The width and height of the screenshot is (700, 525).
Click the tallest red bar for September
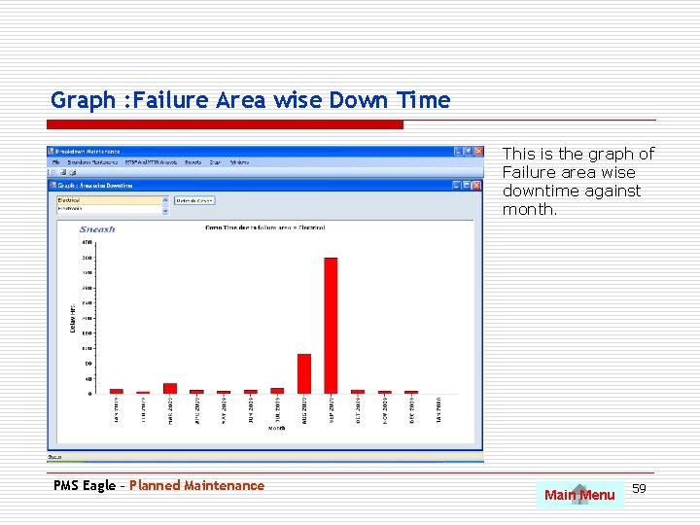click(331, 325)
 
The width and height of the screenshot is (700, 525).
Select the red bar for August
click(304, 373)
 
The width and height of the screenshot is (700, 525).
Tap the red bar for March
click(170, 388)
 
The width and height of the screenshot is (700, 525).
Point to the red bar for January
click(117, 391)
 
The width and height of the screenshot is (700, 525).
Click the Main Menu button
click(579, 495)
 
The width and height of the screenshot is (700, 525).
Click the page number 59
click(640, 487)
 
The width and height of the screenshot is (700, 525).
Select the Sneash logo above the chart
click(97, 229)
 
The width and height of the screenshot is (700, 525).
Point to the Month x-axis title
click(278, 427)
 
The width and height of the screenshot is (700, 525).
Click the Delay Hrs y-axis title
click(73, 318)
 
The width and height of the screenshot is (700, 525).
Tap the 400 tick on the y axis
click(87, 242)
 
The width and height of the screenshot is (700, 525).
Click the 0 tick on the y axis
click(90, 394)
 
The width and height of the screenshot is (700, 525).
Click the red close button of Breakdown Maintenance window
click(477, 152)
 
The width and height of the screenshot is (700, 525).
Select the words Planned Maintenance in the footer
click(196, 485)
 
